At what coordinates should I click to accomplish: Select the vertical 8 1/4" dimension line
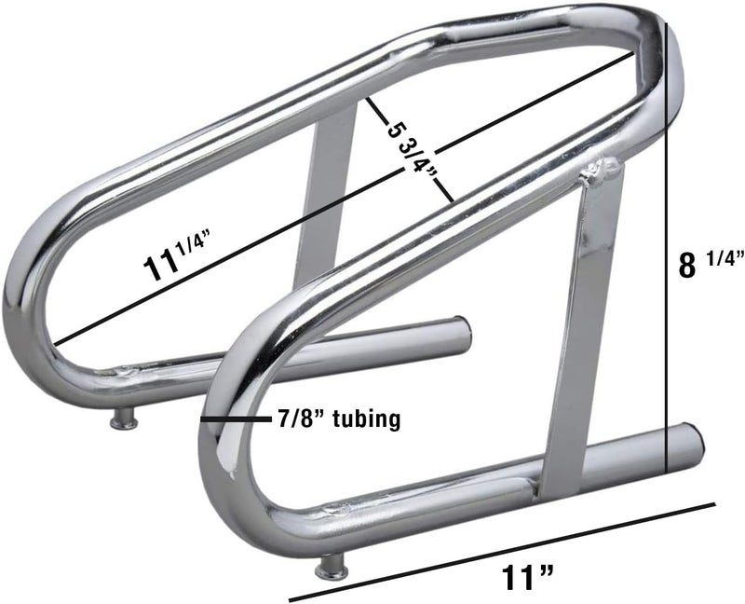pyautogui.click(x=667, y=280)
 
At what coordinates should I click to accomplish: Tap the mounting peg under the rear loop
pyautogui.click(x=124, y=422)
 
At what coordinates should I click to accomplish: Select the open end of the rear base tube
pyautogui.click(x=462, y=333)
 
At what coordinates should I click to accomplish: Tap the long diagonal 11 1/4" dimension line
pyautogui.click(x=345, y=196)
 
